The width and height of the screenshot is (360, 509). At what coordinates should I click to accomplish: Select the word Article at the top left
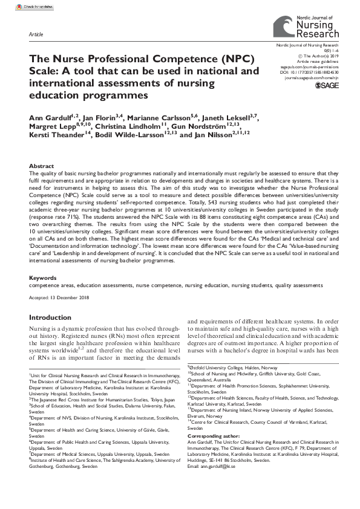[x=36, y=35]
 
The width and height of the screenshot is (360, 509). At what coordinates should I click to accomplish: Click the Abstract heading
[x=41, y=166]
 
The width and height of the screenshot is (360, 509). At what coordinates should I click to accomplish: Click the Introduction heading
[x=50, y=317]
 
